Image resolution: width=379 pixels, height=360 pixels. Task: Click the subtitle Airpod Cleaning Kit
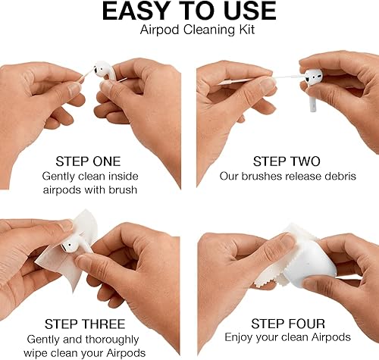tap(189, 30)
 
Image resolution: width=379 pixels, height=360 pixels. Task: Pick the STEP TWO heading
tap(287, 161)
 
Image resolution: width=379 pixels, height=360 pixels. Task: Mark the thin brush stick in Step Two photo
tap(250, 80)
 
